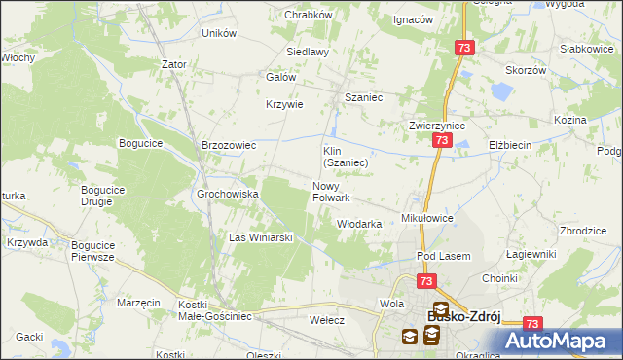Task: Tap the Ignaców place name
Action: pos(413,19)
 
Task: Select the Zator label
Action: pos(174,64)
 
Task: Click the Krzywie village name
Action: pos(285,105)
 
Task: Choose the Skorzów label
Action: pos(524,70)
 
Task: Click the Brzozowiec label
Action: pos(228,145)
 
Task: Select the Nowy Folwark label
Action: pos(331,192)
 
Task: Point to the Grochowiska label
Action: pos(228,194)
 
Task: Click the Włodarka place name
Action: pos(358,224)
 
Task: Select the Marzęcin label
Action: pos(138,303)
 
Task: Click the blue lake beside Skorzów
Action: pos(500,92)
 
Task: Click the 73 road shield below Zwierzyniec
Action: pos(441,142)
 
